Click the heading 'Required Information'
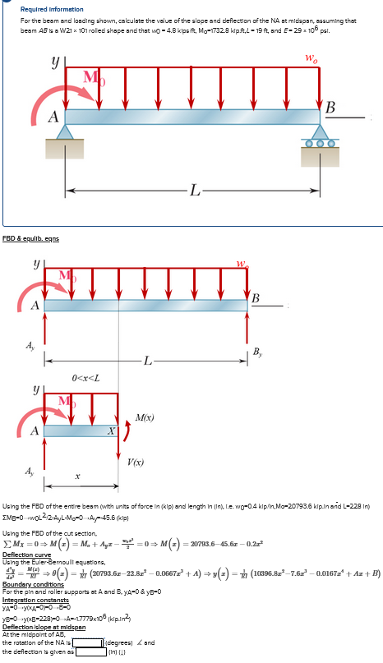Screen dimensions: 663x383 46,7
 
